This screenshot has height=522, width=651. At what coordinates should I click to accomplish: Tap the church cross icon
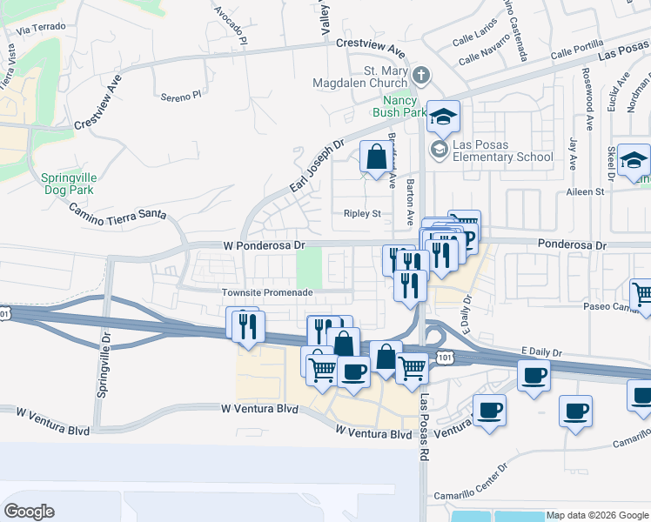[421, 75]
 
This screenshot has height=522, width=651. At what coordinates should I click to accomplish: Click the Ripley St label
[363, 213]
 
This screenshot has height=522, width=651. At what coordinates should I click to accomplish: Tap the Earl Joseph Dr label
[317, 166]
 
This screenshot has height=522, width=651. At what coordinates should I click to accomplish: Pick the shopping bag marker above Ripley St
[376, 158]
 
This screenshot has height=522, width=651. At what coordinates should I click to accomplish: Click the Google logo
[29, 512]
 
